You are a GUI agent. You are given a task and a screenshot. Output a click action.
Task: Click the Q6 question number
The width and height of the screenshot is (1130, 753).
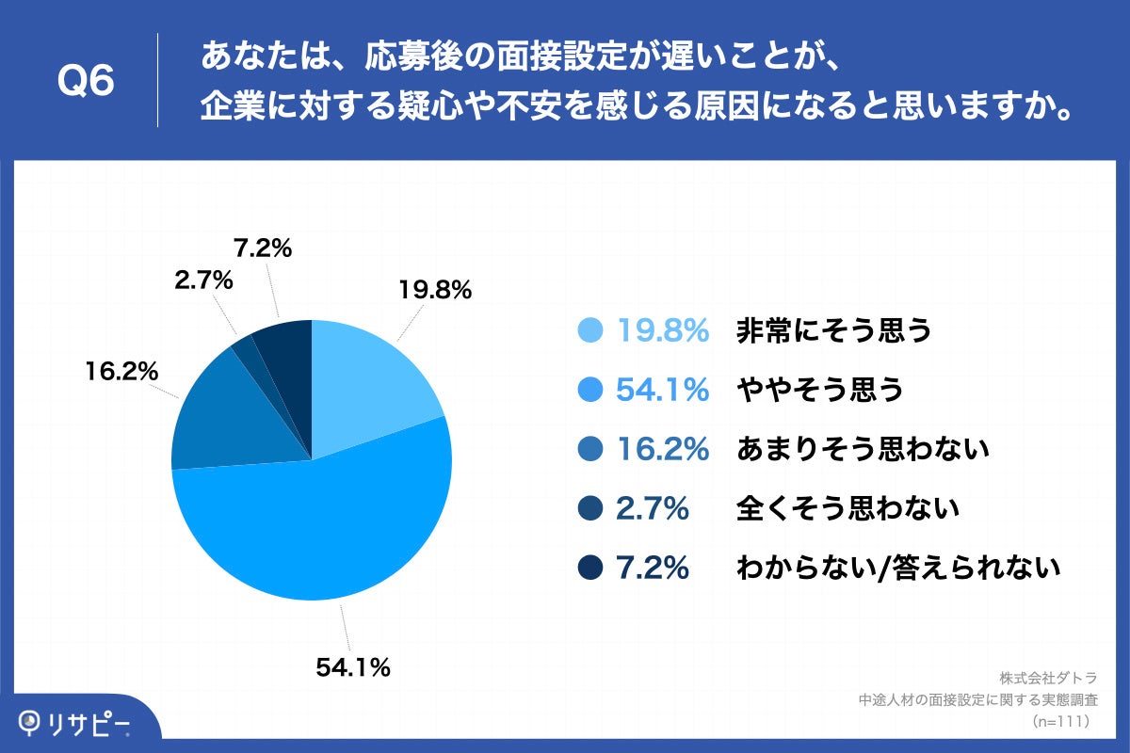pos(86,82)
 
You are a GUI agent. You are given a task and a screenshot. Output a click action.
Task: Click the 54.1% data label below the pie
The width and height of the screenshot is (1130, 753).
pos(352,669)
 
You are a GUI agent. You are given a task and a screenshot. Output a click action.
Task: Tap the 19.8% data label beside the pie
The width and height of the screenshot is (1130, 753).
pos(432,291)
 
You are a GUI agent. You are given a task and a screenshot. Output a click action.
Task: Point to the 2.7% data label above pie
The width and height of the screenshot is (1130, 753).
pos(202,280)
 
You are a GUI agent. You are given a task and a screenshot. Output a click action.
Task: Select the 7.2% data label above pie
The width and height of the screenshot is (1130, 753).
pos(262,248)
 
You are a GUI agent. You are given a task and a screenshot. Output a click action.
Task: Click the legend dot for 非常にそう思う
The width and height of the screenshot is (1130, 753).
pos(589,330)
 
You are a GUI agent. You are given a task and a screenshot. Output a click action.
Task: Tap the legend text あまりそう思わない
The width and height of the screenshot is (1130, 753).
pos(863,449)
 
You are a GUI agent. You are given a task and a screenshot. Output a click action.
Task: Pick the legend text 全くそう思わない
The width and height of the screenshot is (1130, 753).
pos(847,509)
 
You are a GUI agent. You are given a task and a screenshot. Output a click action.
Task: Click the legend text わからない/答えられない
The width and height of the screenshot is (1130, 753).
pos(899,569)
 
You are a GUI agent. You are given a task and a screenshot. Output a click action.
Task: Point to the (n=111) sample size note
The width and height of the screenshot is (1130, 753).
pos(1060,721)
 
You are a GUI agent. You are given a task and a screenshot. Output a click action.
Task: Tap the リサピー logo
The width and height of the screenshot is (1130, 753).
pos(75,723)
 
